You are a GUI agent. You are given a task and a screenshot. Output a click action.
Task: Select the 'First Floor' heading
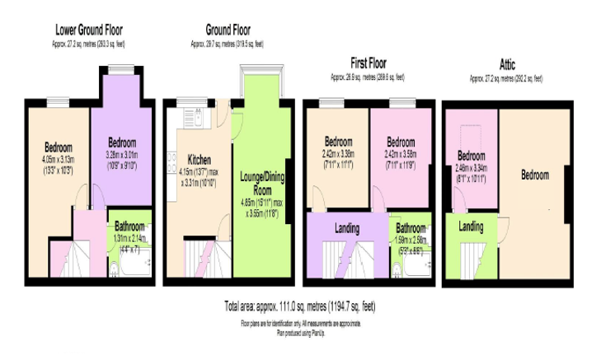[368, 63]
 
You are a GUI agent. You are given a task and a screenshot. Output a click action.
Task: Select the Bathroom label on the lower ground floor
[129, 225]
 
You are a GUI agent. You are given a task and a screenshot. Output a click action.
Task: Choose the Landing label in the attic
[471, 226]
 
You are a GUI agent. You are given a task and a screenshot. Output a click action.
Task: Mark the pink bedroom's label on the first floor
[400, 140]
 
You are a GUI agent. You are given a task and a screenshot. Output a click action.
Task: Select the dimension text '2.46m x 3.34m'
[472, 166]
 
